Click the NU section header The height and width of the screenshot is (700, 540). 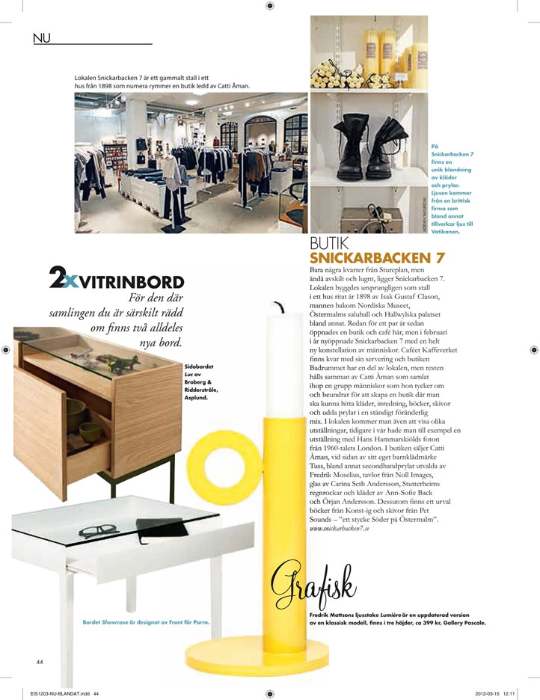(42, 37)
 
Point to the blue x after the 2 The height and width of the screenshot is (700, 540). (70, 280)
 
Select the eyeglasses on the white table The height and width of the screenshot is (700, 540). (98, 532)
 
